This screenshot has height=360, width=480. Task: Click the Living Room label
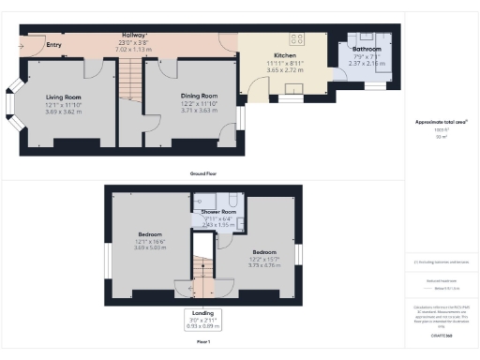click(x=65, y=97)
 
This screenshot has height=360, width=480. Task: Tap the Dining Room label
click(x=199, y=96)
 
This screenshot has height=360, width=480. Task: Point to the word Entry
click(x=53, y=44)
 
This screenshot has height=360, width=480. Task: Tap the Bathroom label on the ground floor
click(x=367, y=48)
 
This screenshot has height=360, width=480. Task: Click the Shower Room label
click(x=217, y=212)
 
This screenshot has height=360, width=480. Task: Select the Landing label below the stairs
click(x=202, y=312)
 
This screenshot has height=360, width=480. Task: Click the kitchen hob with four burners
click(x=298, y=38)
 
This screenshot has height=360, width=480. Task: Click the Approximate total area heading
click(x=441, y=123)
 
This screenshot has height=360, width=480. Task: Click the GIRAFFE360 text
click(x=441, y=333)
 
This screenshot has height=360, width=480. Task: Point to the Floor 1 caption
click(x=202, y=343)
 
